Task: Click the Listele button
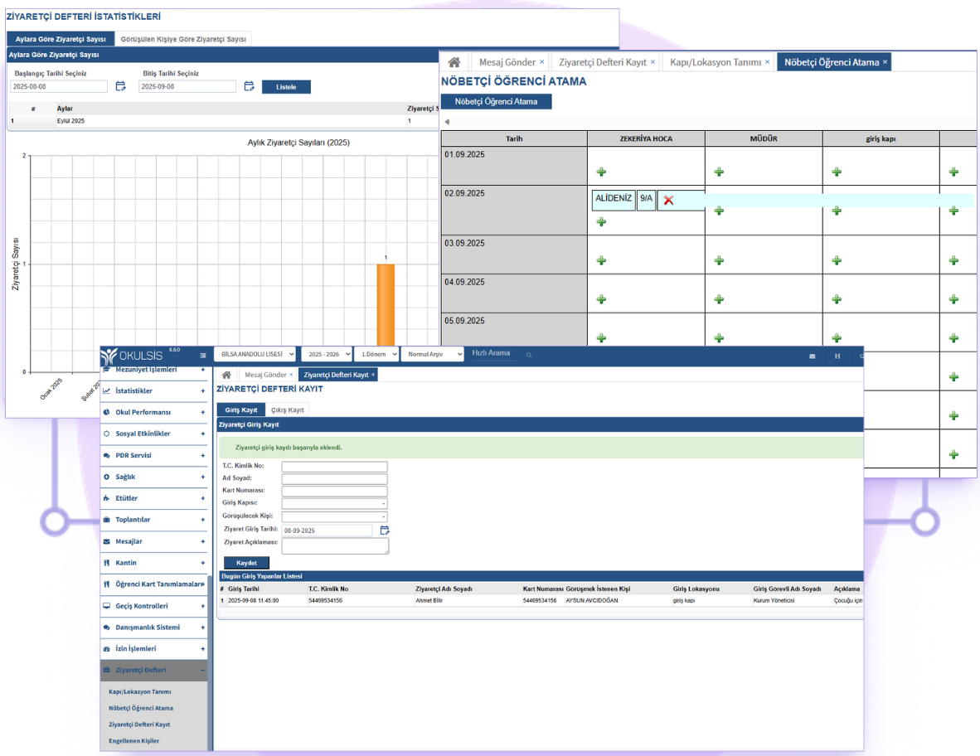[286, 87]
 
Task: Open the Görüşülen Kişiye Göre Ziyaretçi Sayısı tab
[183, 39]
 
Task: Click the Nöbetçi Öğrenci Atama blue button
[496, 102]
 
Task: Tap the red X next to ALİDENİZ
[668, 201]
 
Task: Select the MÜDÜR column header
[763, 139]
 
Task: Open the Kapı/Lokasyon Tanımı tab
[715, 62]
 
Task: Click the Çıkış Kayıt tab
[288, 409]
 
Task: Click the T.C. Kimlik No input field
[334, 466]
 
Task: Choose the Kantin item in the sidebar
[126, 563]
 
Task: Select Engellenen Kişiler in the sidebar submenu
[133, 741]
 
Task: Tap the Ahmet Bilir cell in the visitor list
[429, 600]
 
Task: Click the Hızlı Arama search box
[492, 354]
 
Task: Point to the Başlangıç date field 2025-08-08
[58, 86]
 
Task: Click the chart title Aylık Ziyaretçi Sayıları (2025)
[298, 143]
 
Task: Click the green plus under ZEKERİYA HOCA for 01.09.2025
[601, 172]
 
